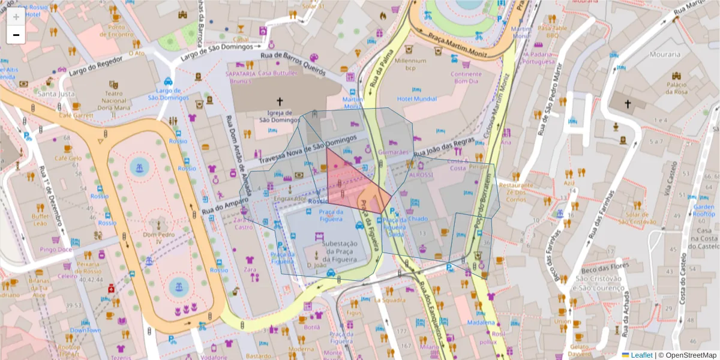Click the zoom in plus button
[x=16, y=17]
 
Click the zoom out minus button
[x=16, y=35]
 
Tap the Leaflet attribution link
[x=641, y=355]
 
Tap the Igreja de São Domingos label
[x=279, y=116]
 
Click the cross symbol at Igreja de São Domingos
[x=279, y=102]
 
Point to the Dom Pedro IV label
[x=158, y=235]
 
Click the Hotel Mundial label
[x=417, y=98]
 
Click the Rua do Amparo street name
[x=224, y=207]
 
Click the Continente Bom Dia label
[x=466, y=77]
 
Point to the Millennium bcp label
[x=410, y=64]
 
